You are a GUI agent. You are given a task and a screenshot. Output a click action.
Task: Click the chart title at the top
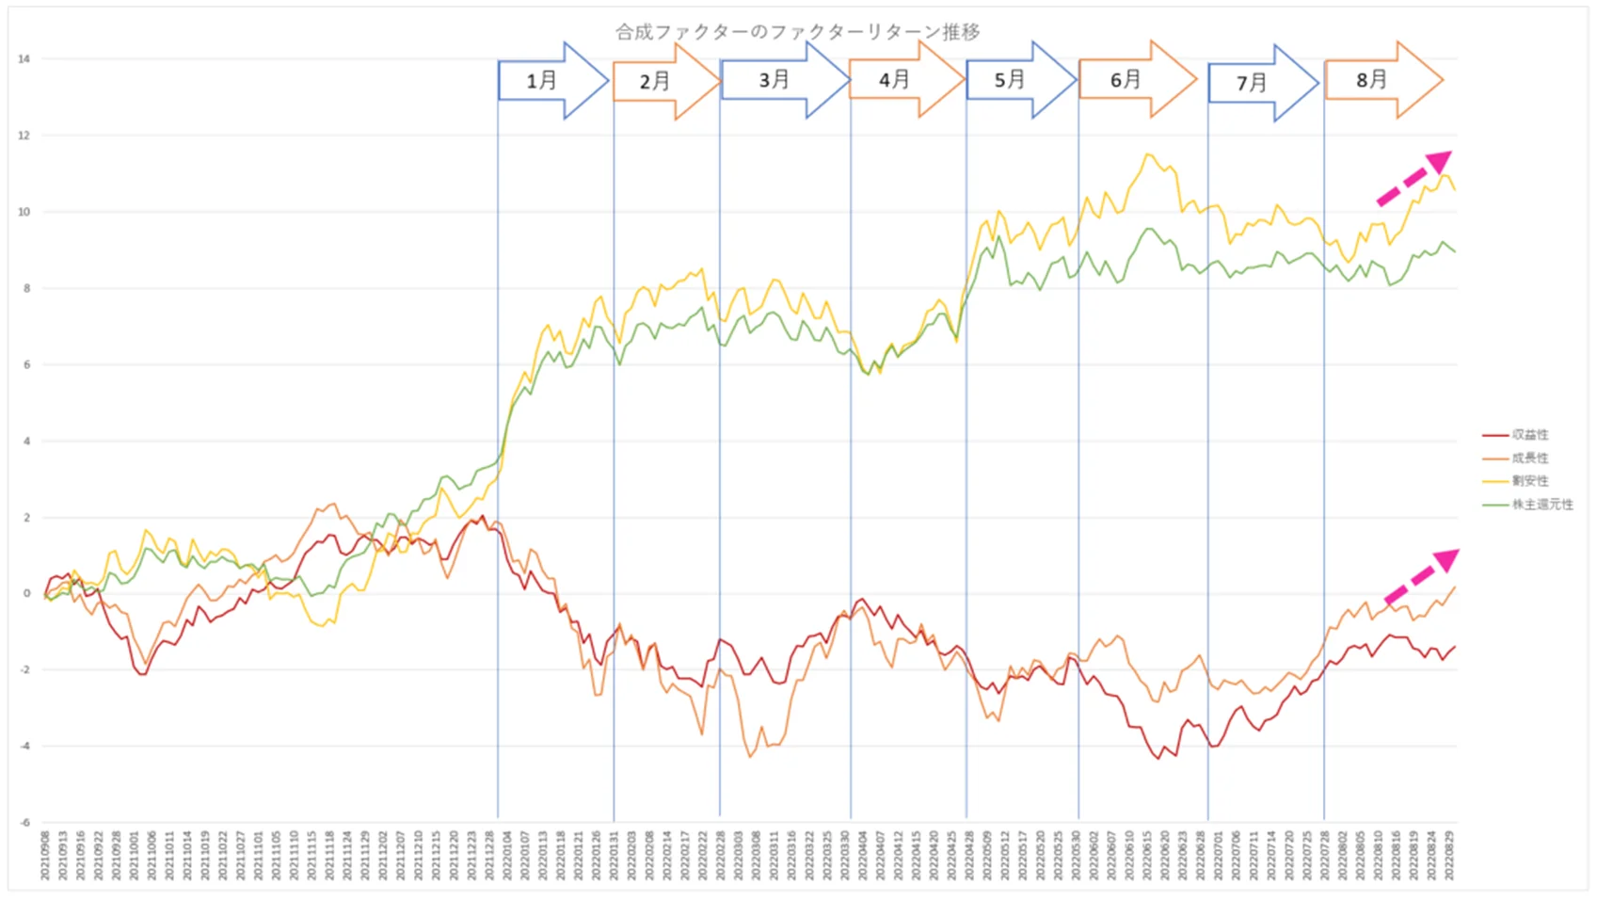click(797, 32)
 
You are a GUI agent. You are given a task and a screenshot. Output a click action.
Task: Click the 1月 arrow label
click(541, 81)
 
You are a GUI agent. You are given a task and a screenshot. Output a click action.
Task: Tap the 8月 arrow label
click(1371, 80)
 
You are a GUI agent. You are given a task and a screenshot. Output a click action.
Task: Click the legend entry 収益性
click(1529, 435)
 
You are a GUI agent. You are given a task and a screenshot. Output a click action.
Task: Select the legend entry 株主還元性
click(1541, 505)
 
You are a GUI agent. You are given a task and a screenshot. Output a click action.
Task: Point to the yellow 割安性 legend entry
click(1529, 481)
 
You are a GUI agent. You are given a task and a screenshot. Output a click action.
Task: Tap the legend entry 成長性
click(1529, 459)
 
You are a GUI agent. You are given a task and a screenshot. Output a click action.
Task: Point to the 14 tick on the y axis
click(24, 59)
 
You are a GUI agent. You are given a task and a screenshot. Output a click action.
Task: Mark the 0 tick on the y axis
click(26, 594)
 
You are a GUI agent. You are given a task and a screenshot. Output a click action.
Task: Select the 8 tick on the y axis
click(26, 288)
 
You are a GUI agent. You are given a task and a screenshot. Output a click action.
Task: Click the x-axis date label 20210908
click(44, 855)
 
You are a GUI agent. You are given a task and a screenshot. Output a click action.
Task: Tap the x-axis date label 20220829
click(1450, 855)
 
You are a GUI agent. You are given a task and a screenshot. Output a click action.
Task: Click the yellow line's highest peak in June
click(1147, 154)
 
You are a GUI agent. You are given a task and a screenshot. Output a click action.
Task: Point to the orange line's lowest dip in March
click(750, 756)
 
